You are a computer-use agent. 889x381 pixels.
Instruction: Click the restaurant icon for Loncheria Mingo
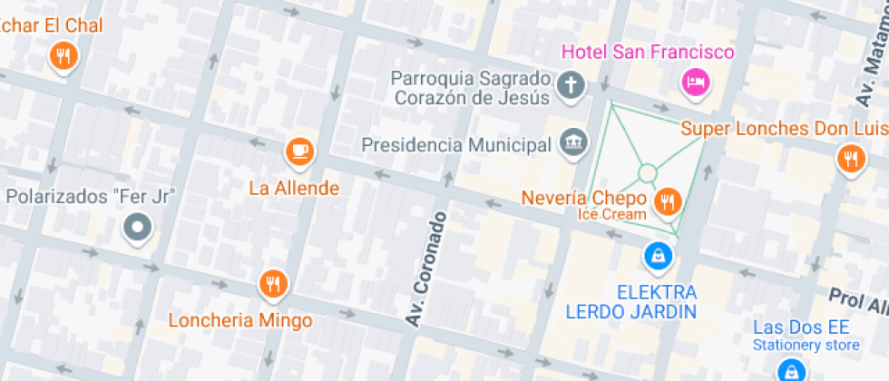click(272, 286)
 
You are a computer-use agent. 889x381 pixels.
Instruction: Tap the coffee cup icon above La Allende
click(300, 151)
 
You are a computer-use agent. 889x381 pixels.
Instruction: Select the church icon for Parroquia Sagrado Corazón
click(571, 86)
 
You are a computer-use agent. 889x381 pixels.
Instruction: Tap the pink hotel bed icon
click(695, 83)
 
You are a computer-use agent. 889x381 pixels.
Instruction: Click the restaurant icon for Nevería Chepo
click(669, 201)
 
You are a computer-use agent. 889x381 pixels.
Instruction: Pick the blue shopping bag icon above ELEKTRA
click(657, 257)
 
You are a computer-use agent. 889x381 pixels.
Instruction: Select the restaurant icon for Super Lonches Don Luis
click(850, 159)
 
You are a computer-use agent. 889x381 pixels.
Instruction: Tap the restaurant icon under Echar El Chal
click(63, 57)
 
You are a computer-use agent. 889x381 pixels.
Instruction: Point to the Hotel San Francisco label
click(648, 53)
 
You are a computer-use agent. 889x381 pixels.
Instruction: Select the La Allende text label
click(294, 189)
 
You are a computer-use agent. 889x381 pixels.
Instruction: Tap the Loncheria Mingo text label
click(240, 320)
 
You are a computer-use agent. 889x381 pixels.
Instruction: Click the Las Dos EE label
click(800, 327)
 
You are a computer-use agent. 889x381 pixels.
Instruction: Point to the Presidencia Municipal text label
click(456, 145)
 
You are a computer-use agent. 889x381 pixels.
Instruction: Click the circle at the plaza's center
click(647, 173)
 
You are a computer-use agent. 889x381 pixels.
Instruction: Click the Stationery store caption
click(806, 345)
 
